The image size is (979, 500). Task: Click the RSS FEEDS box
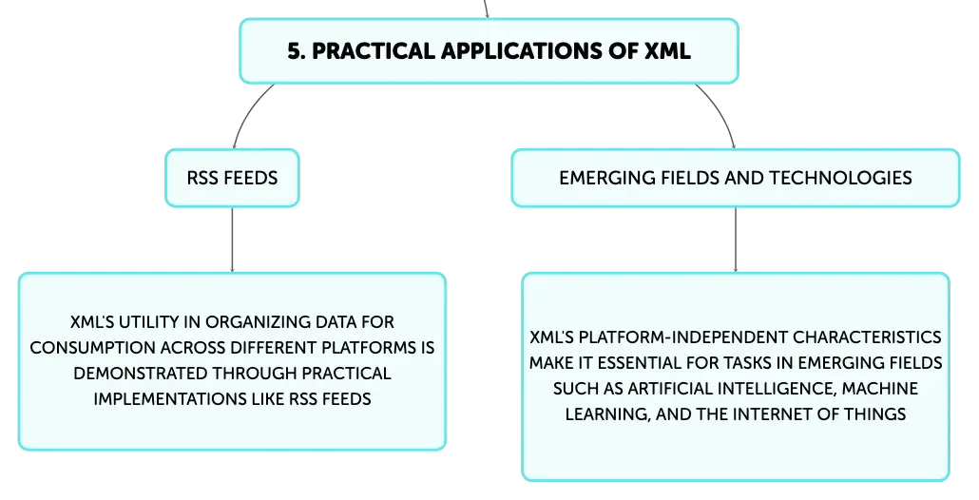232,178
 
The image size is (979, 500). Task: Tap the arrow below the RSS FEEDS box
232,240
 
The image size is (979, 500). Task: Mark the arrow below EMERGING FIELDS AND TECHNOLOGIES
736,240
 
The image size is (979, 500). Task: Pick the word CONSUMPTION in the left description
93,348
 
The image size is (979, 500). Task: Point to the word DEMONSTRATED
141,374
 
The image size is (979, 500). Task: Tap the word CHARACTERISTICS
867,337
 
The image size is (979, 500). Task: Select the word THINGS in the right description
875,413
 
